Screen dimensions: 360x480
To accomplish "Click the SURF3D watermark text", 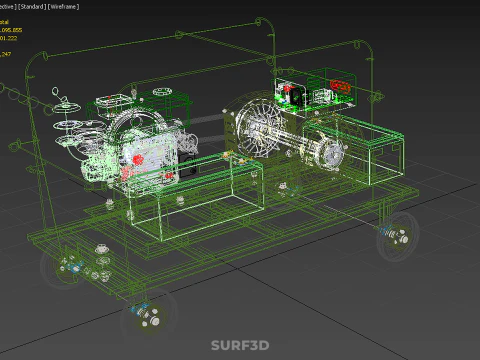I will pos(240,346).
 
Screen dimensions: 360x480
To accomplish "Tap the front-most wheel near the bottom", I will pos(146,316).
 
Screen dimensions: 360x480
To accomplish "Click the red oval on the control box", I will pos(339,87).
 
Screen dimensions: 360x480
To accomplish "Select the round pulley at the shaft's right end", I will pos(333,155).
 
